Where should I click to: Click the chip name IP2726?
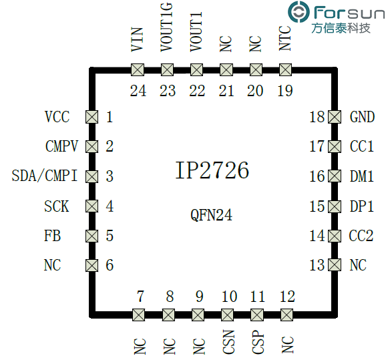coord(212,171)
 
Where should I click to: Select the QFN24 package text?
coord(212,215)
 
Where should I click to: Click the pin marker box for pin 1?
coord(92,117)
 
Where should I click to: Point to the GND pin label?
coord(362,117)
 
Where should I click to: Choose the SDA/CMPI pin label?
coord(45,176)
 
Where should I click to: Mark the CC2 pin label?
coord(361,236)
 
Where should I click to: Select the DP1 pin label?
coord(361,206)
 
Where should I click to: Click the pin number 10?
coord(229,297)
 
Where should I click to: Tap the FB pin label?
coord(52,236)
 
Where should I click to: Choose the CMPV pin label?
coord(61,147)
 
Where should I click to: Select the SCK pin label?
coord(57,206)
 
